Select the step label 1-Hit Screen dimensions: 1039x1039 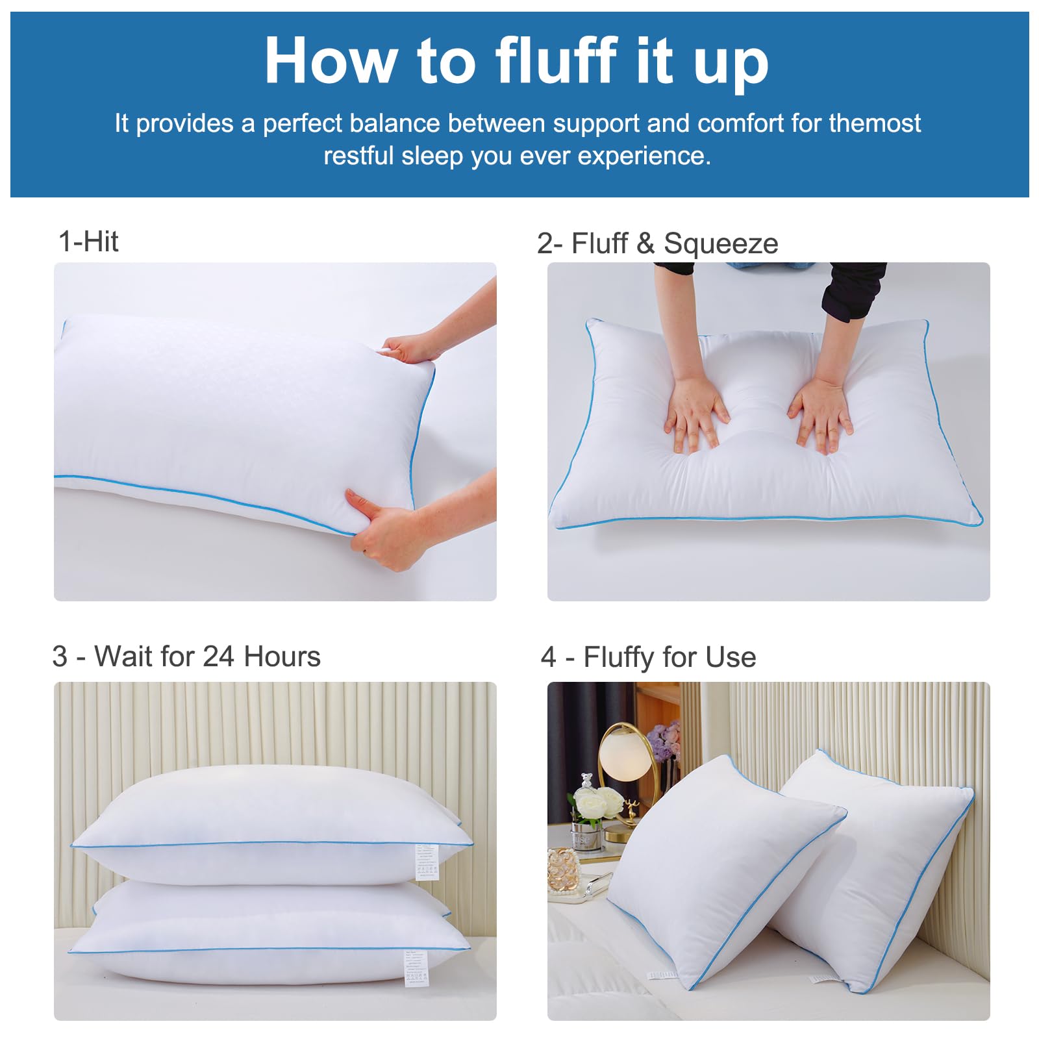[x=88, y=242]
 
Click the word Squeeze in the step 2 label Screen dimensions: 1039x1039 [x=721, y=244]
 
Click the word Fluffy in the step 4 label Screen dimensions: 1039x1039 [x=618, y=657]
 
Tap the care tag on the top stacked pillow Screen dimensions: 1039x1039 [x=426, y=860]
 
